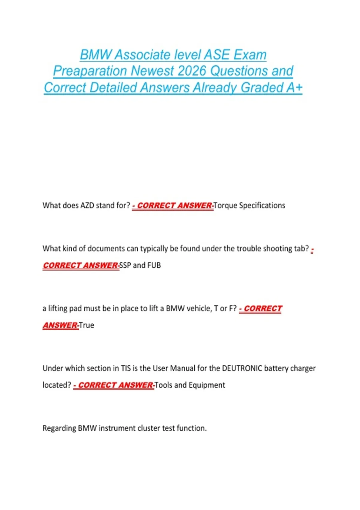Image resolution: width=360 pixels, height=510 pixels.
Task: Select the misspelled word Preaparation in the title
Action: coord(90,71)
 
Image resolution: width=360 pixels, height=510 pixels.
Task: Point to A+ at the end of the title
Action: coord(294,88)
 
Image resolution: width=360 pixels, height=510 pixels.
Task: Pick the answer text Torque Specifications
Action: coord(249,205)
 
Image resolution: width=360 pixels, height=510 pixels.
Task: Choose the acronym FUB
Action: coord(154,265)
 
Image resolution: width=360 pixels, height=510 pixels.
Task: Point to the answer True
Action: coord(86,325)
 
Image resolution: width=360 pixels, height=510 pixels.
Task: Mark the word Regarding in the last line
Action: coord(59,428)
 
